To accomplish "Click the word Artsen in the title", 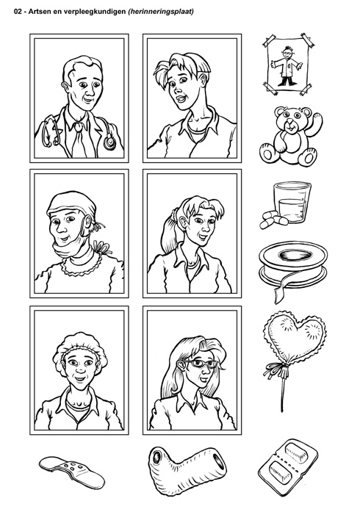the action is point(37,12).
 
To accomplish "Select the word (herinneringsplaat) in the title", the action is point(161,12).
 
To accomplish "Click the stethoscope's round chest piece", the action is point(109,142).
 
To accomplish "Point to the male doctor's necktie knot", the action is point(79,127).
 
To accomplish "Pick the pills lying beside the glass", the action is point(273,220).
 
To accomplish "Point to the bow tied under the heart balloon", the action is point(278,369).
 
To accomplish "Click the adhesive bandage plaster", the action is point(72,472).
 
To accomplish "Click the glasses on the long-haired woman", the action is point(201,364).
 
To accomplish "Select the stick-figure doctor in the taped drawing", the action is point(287,66).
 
